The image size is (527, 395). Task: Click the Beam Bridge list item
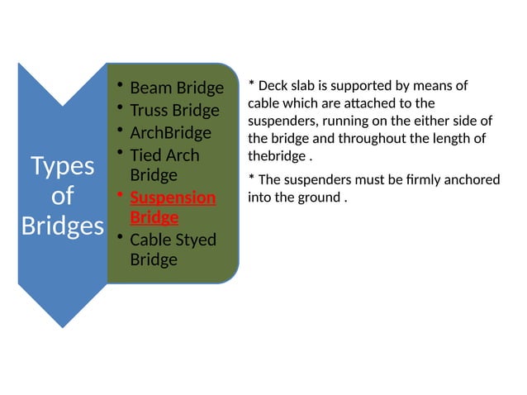pyautogui.click(x=177, y=88)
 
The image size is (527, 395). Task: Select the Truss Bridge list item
pyautogui.click(x=174, y=110)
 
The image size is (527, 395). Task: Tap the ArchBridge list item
pyautogui.click(x=170, y=132)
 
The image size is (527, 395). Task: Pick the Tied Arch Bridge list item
pyautogui.click(x=164, y=164)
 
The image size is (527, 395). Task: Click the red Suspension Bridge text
pyautogui.click(x=173, y=207)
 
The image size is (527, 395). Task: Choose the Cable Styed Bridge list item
pyautogui.click(x=173, y=250)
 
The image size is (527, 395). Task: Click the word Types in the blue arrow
pyautogui.click(x=63, y=167)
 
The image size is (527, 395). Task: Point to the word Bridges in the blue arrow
pyautogui.click(x=63, y=226)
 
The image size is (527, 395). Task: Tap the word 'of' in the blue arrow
pyautogui.click(x=63, y=196)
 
